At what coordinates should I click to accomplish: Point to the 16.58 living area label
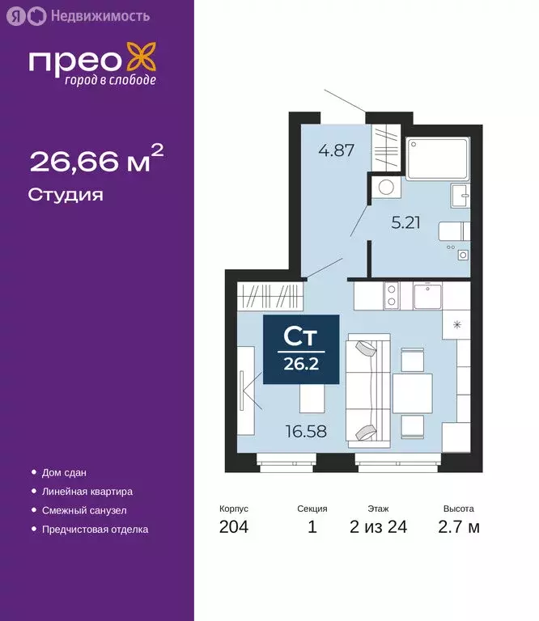tap(305, 431)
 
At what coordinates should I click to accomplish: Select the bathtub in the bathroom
tap(437, 159)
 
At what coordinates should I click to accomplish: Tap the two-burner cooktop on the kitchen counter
tap(390, 296)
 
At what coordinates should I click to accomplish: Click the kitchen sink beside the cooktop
tap(427, 296)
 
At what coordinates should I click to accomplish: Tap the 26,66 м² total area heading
tap(96, 162)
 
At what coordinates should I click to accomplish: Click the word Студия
tap(66, 195)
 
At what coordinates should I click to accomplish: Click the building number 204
tap(233, 528)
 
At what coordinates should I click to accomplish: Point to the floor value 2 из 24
tap(378, 528)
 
